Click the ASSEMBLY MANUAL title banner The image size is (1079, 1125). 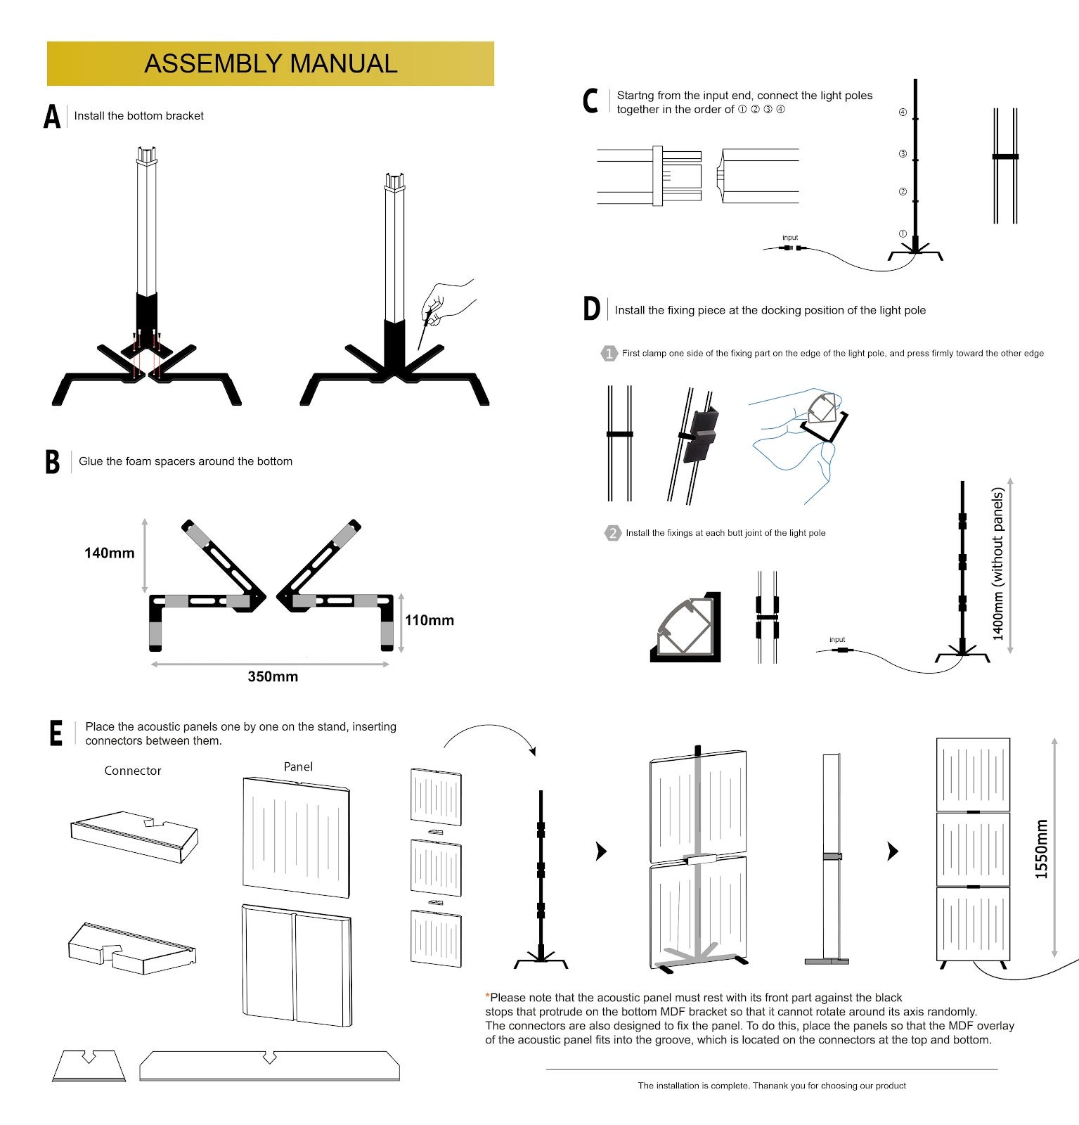pyautogui.click(x=271, y=63)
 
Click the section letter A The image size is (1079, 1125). pyautogui.click(x=52, y=117)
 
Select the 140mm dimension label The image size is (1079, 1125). pyautogui.click(x=110, y=553)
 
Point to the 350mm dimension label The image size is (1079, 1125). pyautogui.click(x=273, y=676)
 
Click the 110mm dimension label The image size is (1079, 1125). pyautogui.click(x=429, y=620)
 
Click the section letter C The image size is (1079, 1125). pyautogui.click(x=590, y=102)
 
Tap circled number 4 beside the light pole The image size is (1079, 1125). pyautogui.click(x=903, y=112)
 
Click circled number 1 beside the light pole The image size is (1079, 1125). pyautogui.click(x=903, y=233)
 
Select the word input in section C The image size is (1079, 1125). pyautogui.click(x=790, y=238)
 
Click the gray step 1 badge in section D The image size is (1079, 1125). pyautogui.click(x=609, y=354)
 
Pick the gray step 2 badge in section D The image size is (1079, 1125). pyautogui.click(x=612, y=533)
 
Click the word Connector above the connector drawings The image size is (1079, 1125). pyautogui.click(x=133, y=771)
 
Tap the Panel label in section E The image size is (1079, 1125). pyautogui.click(x=298, y=766)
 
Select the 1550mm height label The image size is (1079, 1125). pyautogui.click(x=1041, y=849)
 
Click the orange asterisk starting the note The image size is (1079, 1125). pyautogui.click(x=487, y=997)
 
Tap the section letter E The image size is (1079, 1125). pyautogui.click(x=56, y=733)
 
